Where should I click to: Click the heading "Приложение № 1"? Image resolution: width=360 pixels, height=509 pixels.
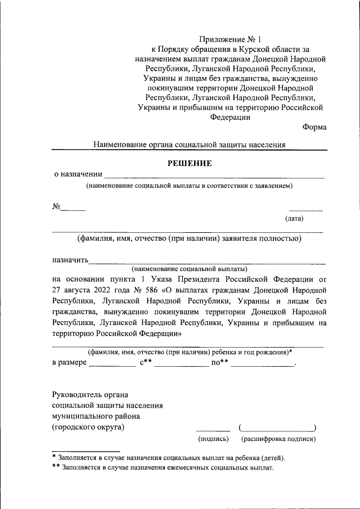[x=231, y=40]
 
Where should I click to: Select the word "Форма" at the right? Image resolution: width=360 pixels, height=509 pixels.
[x=314, y=127]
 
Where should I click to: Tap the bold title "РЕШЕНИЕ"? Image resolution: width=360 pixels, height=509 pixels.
[x=190, y=164]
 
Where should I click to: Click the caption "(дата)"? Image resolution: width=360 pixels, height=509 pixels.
[x=294, y=218]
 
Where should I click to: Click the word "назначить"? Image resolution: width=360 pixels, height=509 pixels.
[x=70, y=260]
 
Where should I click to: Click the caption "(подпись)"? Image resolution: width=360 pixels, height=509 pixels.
[x=213, y=439]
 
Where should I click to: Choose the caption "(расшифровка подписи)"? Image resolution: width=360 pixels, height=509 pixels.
[x=278, y=439]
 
